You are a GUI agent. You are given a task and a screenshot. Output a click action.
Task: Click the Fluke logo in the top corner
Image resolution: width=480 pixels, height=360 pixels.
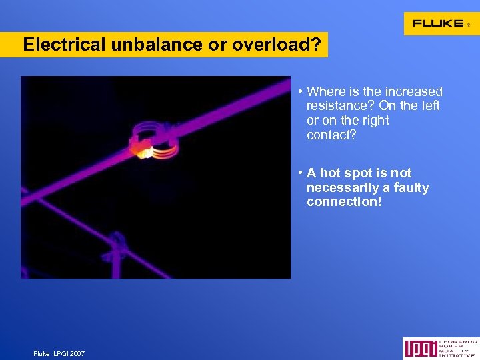point(441,23)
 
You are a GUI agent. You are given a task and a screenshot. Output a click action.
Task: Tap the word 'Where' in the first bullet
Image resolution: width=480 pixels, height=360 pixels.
point(324,92)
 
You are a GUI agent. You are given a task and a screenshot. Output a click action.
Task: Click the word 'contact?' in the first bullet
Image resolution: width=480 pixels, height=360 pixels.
point(331,135)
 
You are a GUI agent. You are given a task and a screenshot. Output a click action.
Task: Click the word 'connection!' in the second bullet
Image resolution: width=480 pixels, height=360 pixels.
point(344,201)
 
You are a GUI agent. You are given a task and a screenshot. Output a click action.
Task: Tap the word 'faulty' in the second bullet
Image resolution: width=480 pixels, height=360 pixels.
point(411,187)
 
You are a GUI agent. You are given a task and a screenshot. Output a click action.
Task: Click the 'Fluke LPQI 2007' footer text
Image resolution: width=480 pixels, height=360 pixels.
point(59,353)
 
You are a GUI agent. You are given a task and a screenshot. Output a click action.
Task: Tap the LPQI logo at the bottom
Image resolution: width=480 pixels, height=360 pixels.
point(440,348)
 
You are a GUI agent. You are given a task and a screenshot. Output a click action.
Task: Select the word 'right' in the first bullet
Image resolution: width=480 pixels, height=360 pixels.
point(375,121)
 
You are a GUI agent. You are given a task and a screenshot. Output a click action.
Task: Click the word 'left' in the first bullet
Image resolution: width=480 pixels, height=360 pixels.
point(429,106)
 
